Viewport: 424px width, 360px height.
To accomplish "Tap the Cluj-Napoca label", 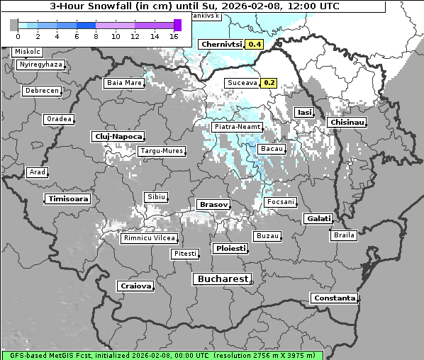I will click(118, 136).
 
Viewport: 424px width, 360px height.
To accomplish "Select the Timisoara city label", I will click(68, 199).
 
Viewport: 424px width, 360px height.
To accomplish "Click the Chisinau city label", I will click(347, 123).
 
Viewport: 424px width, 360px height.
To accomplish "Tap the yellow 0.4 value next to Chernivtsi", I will click(254, 44).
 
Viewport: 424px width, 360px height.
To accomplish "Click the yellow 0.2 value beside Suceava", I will click(269, 82).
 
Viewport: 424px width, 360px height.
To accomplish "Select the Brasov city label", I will click(213, 204).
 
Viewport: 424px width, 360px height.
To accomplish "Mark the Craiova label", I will click(135, 286).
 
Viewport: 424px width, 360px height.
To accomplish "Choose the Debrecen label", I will click(40, 91).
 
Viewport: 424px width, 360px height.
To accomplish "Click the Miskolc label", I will click(28, 52).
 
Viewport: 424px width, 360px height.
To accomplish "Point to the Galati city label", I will click(318, 218).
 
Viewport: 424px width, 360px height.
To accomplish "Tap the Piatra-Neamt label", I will click(238, 127).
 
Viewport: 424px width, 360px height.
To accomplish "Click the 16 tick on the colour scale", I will click(173, 35).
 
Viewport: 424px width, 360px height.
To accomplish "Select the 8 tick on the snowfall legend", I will click(95, 35).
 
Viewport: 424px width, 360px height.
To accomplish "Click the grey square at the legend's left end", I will click(14, 25).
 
